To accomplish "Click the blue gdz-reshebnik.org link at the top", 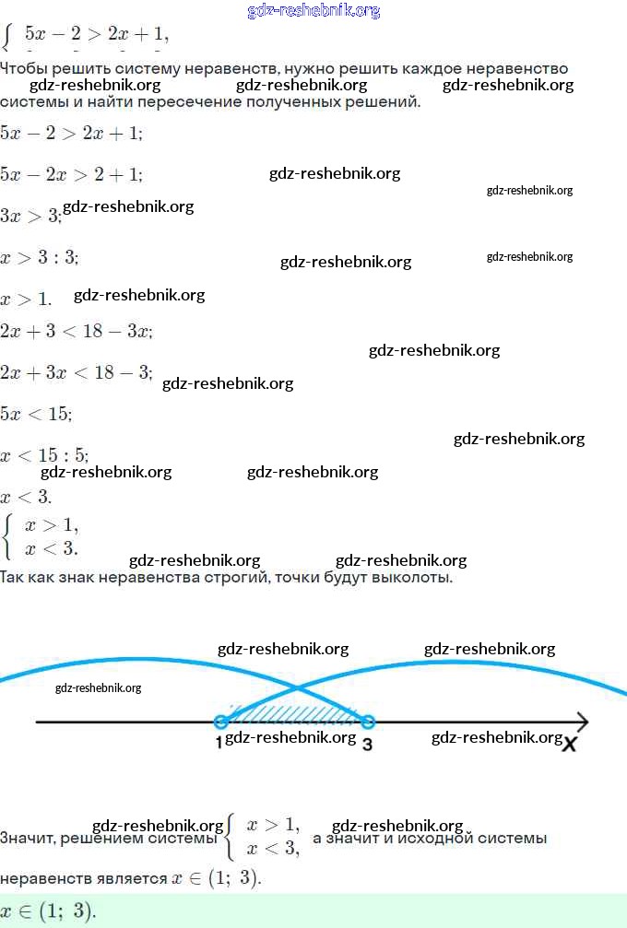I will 313,11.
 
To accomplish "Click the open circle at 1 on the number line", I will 220,722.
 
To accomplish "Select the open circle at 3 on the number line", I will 367,722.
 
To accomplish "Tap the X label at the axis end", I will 570,743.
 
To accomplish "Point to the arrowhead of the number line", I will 582,722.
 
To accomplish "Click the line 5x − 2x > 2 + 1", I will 71,174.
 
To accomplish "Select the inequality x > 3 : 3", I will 40,258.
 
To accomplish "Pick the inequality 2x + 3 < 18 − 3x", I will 76,331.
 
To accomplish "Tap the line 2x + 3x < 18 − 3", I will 76,372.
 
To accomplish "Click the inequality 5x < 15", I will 35,414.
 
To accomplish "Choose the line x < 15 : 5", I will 44,455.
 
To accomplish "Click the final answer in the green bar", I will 48,911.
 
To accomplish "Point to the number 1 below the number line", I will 219,743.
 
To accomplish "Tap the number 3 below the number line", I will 367,744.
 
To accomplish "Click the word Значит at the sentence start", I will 26,839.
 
